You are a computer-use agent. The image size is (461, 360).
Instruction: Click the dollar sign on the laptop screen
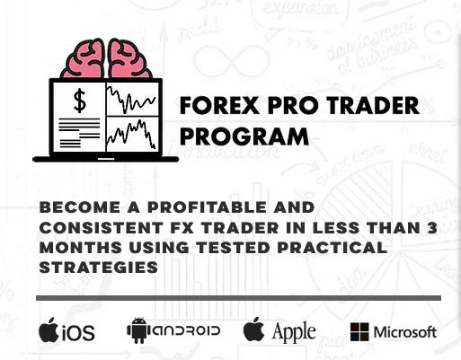tap(80, 101)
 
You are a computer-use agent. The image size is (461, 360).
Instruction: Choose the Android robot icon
tap(137, 331)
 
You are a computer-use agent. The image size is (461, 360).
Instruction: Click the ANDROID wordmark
tap(185, 331)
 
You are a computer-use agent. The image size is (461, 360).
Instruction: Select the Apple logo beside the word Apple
tap(254, 329)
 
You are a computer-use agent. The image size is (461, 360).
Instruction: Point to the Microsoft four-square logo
tap(359, 331)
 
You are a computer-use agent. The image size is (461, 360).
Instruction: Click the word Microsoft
tap(405, 332)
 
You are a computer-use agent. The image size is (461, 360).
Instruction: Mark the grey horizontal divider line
tap(239, 297)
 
